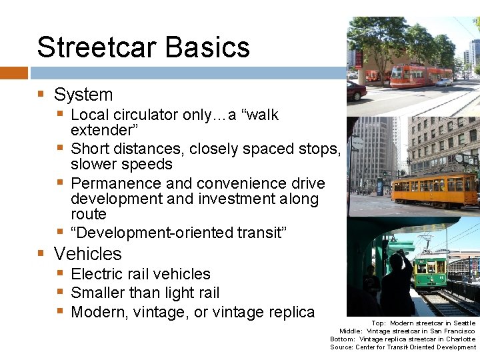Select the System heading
83,95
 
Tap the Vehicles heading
88,254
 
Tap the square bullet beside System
41,95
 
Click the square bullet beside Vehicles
41,254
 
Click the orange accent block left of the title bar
13,72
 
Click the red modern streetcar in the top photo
421,75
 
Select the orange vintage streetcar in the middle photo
434,189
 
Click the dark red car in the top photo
356,91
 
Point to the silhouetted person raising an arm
398,280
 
